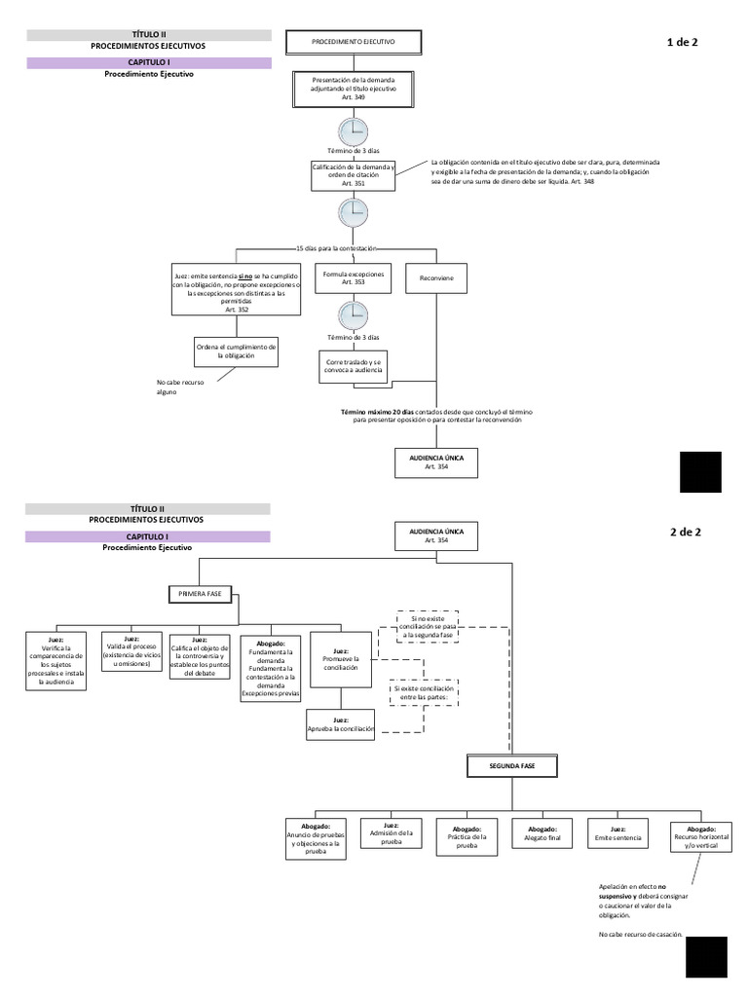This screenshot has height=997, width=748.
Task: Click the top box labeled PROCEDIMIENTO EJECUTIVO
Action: (x=353, y=43)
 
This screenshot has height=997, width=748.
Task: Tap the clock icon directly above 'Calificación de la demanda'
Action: (x=353, y=132)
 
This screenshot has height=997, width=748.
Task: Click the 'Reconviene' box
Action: (x=435, y=278)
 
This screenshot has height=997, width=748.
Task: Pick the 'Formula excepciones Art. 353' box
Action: (x=353, y=278)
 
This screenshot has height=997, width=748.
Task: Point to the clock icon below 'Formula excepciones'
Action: (x=353, y=315)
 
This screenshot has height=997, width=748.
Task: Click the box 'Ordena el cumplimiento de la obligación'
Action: (x=237, y=351)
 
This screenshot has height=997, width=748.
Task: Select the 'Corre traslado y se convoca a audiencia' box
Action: (x=353, y=366)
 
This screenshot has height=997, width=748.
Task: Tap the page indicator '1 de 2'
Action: (x=682, y=43)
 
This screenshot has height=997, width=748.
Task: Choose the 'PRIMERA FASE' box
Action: (x=201, y=592)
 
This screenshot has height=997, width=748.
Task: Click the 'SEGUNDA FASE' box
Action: (x=511, y=767)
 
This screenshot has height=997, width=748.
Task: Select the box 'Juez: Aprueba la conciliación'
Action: (x=340, y=723)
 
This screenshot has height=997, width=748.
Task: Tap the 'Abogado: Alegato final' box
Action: (x=542, y=832)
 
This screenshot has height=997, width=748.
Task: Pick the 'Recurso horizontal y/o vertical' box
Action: (x=699, y=836)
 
